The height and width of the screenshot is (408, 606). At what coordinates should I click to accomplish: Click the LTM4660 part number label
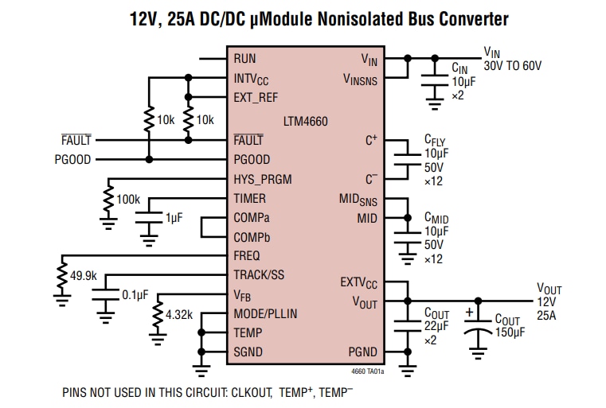(305, 122)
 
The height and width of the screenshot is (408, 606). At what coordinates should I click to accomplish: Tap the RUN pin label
(244, 60)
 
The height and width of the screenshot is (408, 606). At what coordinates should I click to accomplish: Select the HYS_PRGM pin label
(264, 179)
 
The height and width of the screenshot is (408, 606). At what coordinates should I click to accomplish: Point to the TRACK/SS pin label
(258, 275)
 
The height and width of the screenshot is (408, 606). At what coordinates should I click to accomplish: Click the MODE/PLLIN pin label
(265, 313)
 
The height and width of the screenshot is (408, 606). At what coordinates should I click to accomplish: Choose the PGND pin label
(362, 352)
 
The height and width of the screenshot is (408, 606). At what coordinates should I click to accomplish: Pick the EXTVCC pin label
(358, 282)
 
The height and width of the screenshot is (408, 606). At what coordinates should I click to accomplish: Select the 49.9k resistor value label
(84, 276)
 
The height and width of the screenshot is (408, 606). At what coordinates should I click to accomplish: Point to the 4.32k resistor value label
(181, 315)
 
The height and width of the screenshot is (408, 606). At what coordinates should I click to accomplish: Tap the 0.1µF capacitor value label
(135, 295)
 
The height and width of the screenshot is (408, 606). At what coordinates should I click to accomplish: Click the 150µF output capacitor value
(510, 332)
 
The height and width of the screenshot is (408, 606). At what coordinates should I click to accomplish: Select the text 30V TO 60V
(512, 66)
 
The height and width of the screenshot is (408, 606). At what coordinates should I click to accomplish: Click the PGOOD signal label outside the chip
(72, 160)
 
